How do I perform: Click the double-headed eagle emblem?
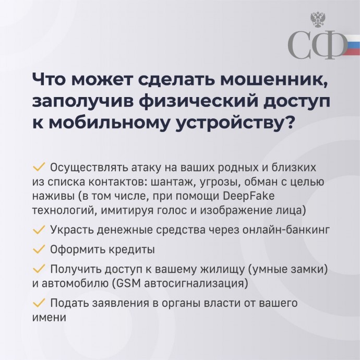click(318, 20)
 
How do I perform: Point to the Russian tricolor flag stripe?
click(351, 45)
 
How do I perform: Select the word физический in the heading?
click(199, 102)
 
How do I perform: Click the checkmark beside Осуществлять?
click(39, 167)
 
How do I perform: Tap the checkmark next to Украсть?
click(39, 230)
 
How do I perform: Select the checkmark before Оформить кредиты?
click(39, 249)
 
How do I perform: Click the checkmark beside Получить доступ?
click(39, 269)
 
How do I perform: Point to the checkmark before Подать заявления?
click(39, 303)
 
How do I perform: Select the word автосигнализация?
click(194, 284)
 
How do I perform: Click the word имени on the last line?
click(49, 318)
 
